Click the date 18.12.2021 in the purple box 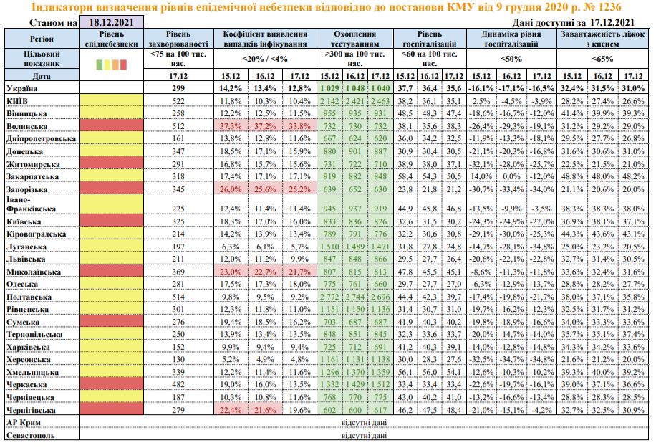point(111,24)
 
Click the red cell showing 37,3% point(231,125)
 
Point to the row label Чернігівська point(32,409)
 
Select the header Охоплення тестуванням point(355,39)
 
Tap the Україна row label point(22,87)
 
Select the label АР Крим point(22,422)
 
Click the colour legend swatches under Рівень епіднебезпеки point(111,65)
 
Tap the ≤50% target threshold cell point(511,59)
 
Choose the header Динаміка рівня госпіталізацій point(511,39)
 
